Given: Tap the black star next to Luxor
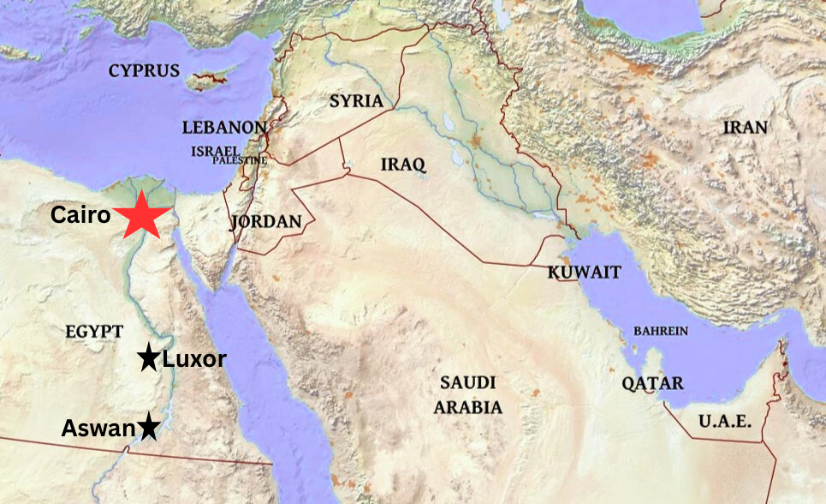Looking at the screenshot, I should point(149,358).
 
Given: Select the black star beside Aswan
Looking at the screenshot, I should point(149,425).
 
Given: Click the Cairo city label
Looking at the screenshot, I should point(80,215).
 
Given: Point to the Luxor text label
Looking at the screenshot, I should point(193,359).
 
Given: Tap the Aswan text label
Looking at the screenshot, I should point(98,428).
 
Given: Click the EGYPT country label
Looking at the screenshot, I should point(94,332).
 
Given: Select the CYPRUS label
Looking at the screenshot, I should point(144,71).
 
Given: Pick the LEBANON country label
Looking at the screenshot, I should point(224,128).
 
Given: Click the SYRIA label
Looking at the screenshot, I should point(356,101).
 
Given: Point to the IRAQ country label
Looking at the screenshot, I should point(403,164).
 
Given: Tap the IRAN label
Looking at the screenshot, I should point(745,128).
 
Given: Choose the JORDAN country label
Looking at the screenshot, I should point(266,222).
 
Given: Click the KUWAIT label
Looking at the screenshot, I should point(585,273).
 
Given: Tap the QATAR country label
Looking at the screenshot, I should point(653,383).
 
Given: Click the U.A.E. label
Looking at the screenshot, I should point(724,421).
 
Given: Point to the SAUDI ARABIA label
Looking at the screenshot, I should point(467,394).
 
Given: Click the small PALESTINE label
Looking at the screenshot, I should point(240,160).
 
